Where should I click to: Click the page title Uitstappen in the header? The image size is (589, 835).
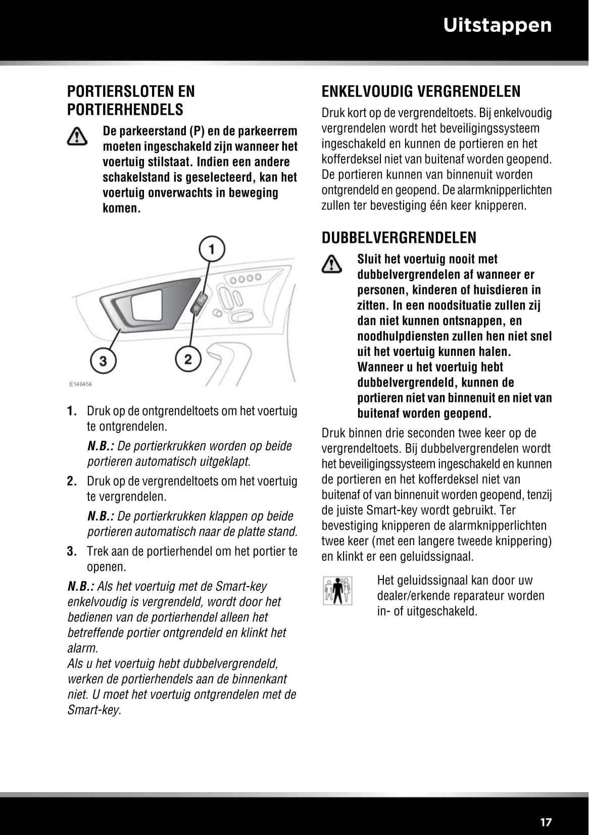497,25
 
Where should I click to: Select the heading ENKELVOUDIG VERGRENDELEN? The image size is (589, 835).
421,91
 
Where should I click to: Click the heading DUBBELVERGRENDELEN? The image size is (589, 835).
399,238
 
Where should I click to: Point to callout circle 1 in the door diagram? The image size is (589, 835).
211,249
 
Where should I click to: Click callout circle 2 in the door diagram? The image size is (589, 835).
188,359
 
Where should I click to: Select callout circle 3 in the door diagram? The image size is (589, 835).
103,361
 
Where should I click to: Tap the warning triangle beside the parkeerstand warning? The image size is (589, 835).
77,137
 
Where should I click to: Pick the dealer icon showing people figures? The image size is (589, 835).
337,591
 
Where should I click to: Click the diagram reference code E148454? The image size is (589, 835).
80,384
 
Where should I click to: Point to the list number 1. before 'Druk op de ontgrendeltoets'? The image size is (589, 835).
72,411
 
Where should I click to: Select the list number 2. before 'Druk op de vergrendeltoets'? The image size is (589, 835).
72,481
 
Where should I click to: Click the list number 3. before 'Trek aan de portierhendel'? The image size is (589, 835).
72,551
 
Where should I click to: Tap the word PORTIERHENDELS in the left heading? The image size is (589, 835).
125,110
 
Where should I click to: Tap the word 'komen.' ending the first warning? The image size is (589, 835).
122,208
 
